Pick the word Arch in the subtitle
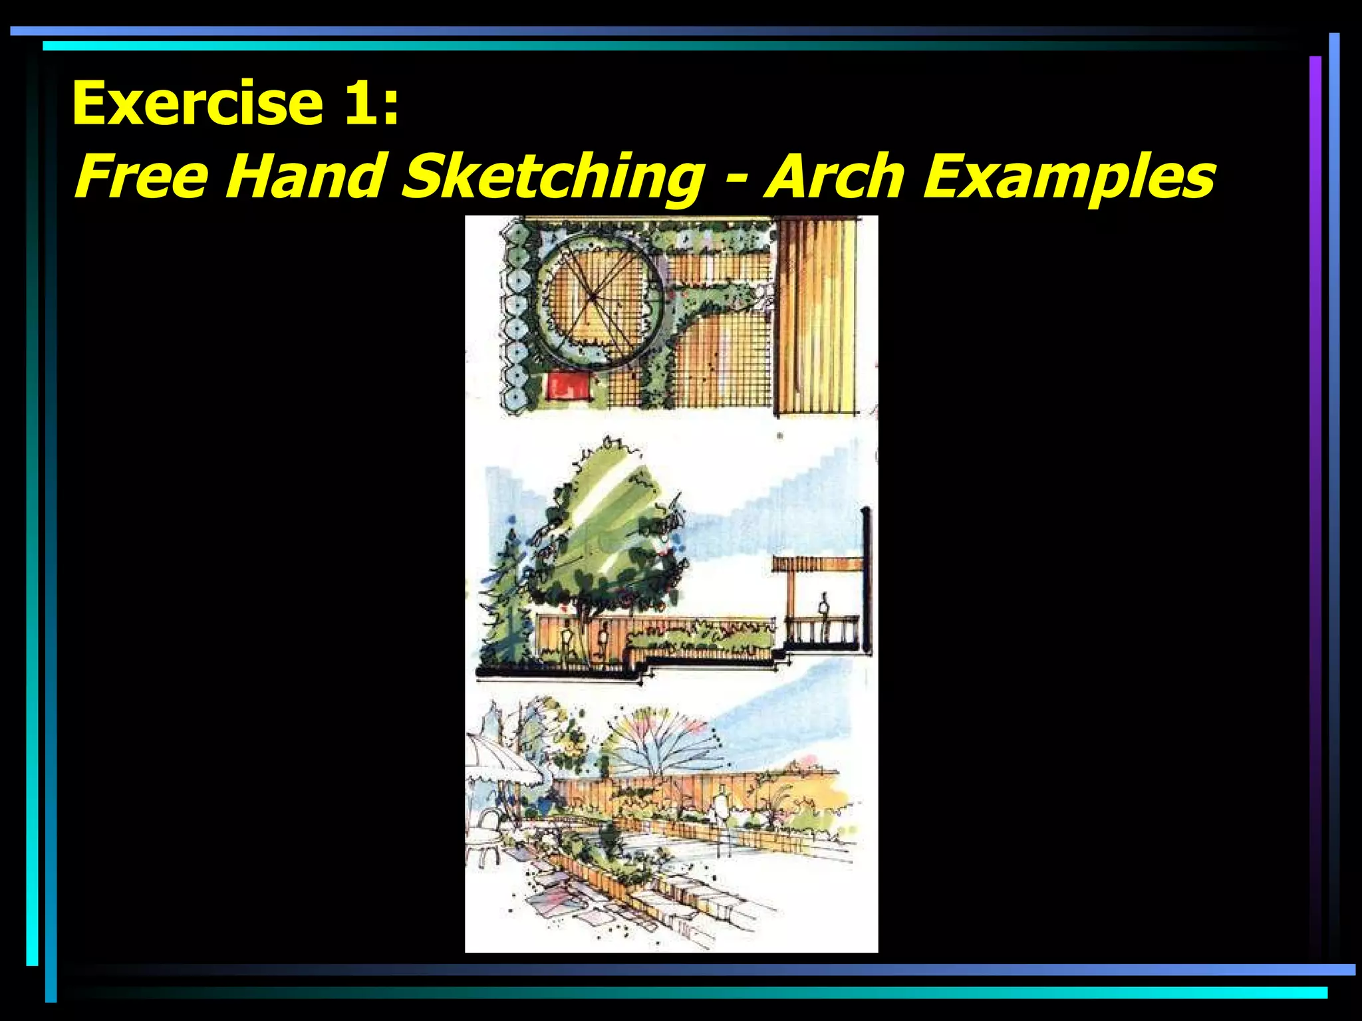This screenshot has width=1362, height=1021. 835,176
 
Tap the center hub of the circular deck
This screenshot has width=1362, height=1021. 591,296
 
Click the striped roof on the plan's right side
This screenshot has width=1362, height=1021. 816,316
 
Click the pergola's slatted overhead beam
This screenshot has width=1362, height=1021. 818,564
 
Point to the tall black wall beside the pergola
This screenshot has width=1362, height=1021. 866,578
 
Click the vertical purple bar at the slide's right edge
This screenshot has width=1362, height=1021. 1315,465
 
